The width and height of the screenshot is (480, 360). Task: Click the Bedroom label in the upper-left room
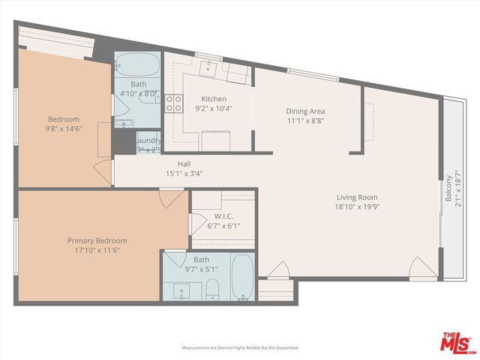pyautogui.click(x=64, y=119)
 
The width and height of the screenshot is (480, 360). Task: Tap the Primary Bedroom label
pyautogui.click(x=97, y=241)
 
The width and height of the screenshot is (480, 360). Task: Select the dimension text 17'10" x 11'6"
pyautogui.click(x=97, y=250)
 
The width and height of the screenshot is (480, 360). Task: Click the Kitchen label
pyautogui.click(x=214, y=99)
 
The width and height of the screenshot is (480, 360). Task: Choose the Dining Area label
pyautogui.click(x=305, y=111)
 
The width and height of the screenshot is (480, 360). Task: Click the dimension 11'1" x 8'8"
pyautogui.click(x=305, y=121)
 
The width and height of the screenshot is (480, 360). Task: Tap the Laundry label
pyautogui.click(x=148, y=140)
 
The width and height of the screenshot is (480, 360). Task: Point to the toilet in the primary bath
pyautogui.click(x=212, y=289)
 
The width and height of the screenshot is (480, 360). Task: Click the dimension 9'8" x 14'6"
pyautogui.click(x=64, y=128)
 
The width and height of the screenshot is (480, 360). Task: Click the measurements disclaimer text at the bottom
pyautogui.click(x=240, y=348)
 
